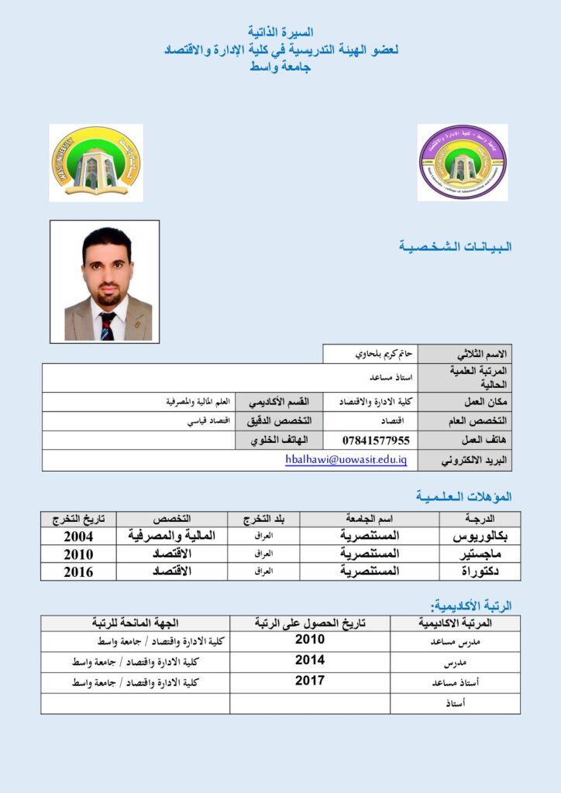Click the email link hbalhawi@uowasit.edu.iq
pyautogui.click(x=346, y=459)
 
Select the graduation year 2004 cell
pyautogui.click(x=78, y=536)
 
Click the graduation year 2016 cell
pyautogui.click(x=78, y=572)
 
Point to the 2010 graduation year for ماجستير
pyautogui.click(x=78, y=554)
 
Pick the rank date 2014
pyautogui.click(x=310, y=661)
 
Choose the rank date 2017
pyautogui.click(x=310, y=681)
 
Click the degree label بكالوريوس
pyautogui.click(x=480, y=536)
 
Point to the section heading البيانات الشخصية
pyautogui.click(x=455, y=247)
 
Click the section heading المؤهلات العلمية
pyautogui.click(x=463, y=496)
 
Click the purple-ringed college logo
pyautogui.click(x=463, y=163)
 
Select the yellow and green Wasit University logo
pyautogui.click(x=96, y=163)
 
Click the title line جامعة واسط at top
pyautogui.click(x=280, y=67)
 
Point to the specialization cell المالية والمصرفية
pyautogui.click(x=172, y=536)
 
